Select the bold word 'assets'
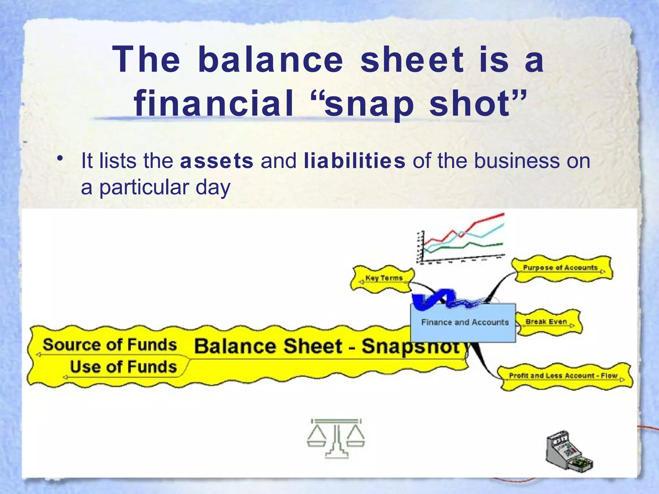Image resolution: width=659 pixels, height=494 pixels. [217, 161]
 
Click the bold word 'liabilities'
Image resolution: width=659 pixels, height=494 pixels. [354, 161]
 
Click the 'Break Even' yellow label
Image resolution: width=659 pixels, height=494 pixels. [546, 322]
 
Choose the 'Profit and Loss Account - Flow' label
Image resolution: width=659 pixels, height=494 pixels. [563, 376]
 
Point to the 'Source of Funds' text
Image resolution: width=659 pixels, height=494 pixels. [110, 345]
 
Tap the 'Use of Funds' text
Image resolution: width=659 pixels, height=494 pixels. [124, 367]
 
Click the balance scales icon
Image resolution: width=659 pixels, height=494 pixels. [336, 438]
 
